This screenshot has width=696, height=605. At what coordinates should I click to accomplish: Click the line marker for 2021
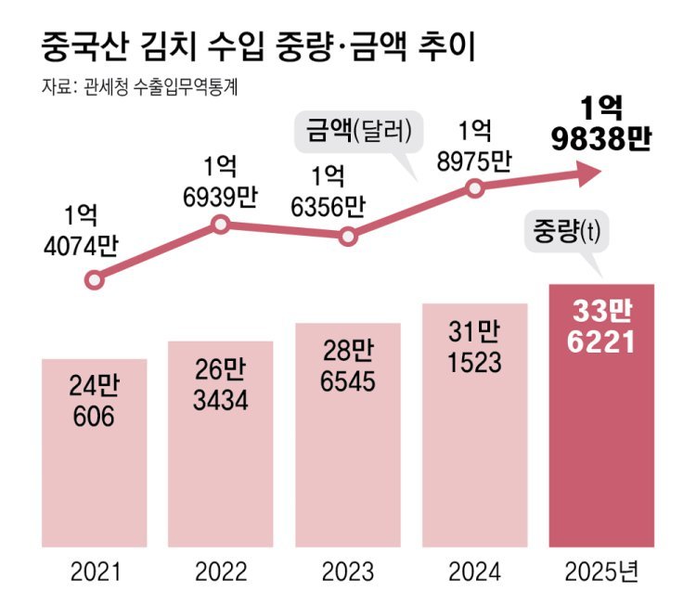(94, 278)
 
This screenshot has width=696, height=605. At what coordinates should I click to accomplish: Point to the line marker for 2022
(221, 224)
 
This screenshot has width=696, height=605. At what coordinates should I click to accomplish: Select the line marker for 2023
(348, 236)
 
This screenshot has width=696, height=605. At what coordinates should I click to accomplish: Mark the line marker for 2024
(475, 188)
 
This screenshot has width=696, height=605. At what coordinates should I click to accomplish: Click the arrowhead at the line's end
(588, 172)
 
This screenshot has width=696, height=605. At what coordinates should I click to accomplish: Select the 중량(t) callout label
(566, 230)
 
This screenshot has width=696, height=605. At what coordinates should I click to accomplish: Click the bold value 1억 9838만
(600, 123)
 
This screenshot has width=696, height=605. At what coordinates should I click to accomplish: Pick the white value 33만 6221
(602, 327)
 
